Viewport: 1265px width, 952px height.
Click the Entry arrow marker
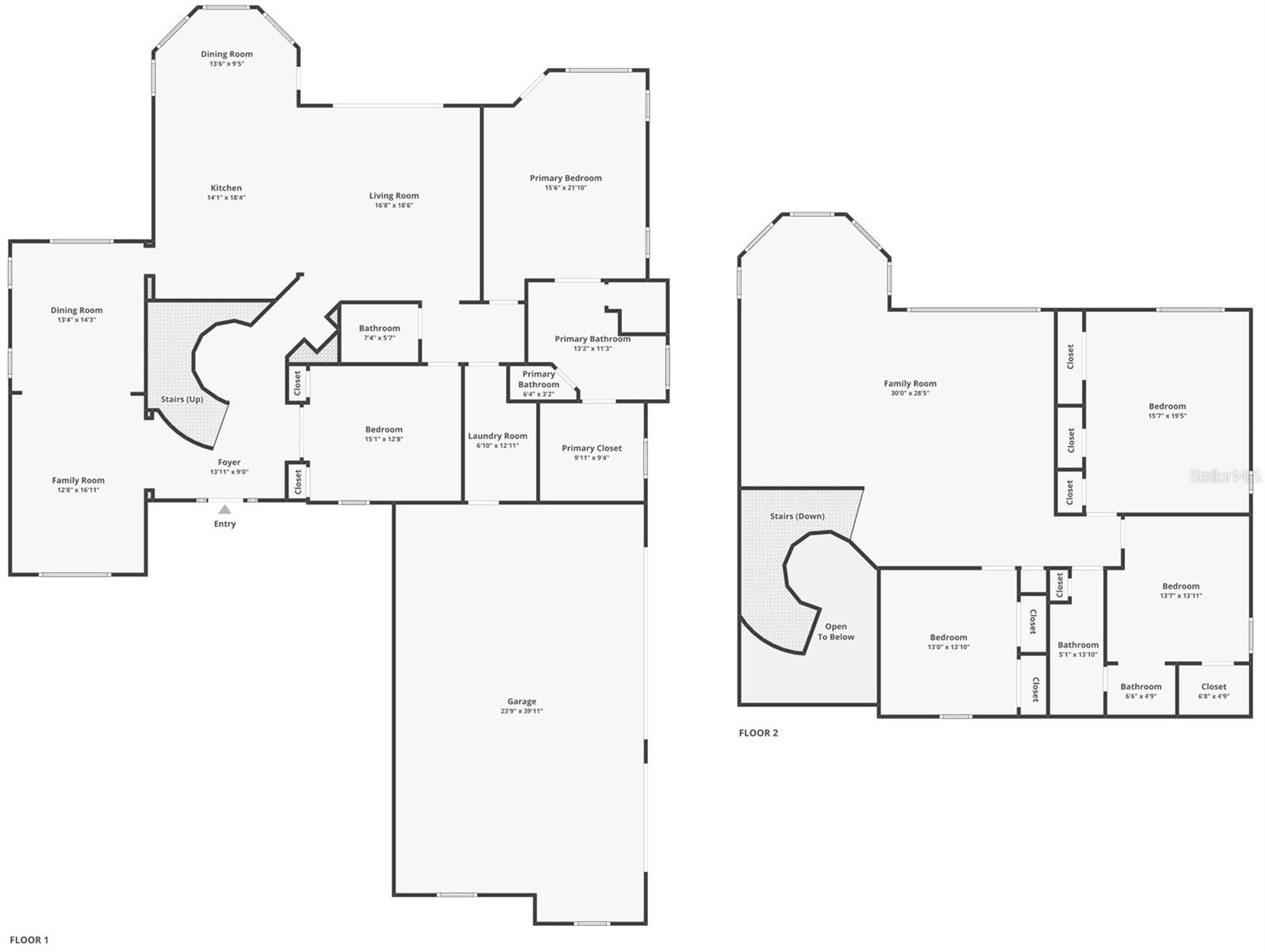point(225,509)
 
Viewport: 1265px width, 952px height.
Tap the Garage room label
point(522,701)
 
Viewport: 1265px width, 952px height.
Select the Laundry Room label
point(497,436)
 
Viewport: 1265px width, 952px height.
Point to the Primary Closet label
point(592,448)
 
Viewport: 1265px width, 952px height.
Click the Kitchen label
point(226,188)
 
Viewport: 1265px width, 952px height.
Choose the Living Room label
point(394,196)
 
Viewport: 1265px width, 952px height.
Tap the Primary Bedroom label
point(565,178)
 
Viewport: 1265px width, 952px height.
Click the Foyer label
point(229,463)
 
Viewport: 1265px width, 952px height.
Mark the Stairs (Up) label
point(182,399)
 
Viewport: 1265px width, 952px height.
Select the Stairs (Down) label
point(797,516)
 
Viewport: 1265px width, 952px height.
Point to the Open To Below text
point(836,631)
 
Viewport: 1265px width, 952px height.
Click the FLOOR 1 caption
point(29,940)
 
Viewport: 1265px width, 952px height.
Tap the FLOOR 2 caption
point(758,733)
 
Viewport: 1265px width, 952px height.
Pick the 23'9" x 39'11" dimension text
point(522,712)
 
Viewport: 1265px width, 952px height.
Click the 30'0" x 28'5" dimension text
point(910,393)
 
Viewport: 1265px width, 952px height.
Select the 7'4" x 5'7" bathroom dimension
point(379,338)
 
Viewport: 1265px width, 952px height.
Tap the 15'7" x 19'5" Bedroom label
point(1167,406)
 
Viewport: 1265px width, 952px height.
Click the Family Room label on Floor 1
point(79,481)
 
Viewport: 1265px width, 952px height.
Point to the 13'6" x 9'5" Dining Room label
point(227,55)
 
